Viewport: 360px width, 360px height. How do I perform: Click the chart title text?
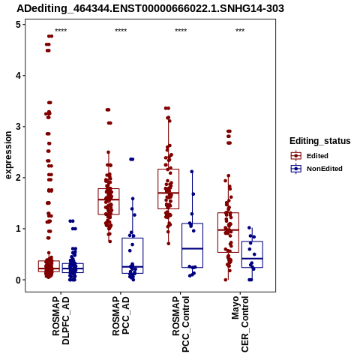pos(150,9)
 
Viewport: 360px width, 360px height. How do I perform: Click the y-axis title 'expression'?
pos(8,155)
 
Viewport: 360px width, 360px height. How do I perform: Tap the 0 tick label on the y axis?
pos(19,280)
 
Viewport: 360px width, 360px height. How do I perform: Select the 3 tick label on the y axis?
pos(19,127)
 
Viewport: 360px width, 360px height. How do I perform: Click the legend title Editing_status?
pos(320,141)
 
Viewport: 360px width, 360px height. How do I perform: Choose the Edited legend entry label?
pos(317,156)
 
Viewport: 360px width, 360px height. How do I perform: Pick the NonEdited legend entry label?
pos(325,169)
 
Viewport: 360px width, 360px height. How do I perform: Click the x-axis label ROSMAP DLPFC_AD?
pos(61,320)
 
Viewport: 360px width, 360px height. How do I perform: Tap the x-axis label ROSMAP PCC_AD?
pos(121,316)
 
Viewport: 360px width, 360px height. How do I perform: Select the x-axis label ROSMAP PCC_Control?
pos(181,324)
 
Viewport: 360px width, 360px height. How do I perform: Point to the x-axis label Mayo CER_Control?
pos(240,324)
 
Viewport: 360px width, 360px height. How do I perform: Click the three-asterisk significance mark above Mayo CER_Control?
pos(240,31)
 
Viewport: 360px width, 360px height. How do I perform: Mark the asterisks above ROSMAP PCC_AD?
pos(121,31)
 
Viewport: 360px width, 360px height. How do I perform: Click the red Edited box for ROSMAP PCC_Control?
pos(168,189)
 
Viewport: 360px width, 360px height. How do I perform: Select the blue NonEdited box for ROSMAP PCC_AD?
pos(133,256)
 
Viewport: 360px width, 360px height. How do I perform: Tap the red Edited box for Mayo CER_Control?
pos(228,232)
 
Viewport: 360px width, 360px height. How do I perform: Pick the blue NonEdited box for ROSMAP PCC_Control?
pos(192,245)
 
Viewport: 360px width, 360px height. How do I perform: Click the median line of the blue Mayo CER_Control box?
pos(252,259)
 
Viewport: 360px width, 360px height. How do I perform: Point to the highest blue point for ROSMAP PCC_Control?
pos(192,172)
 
